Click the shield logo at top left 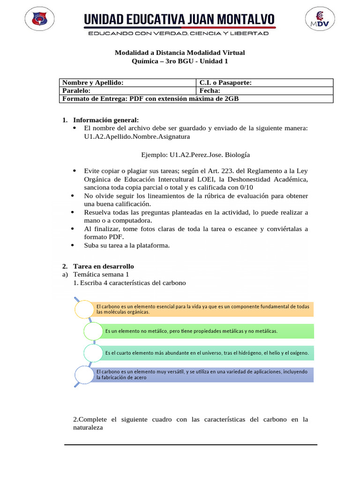[39, 20]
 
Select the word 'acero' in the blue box [140, 377]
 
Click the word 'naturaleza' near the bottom [88, 428]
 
